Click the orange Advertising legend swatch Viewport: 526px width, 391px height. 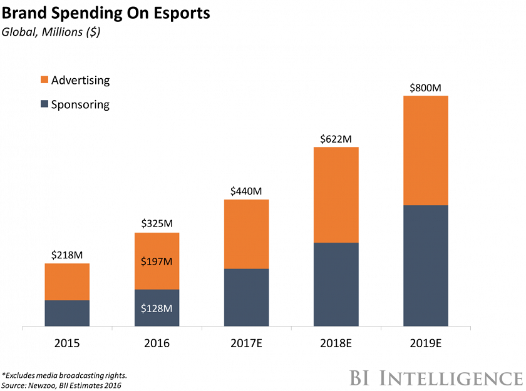[43, 80]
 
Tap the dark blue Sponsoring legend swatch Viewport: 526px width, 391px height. [43, 104]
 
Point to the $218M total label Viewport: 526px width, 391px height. [67, 255]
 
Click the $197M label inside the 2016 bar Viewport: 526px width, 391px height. [157, 261]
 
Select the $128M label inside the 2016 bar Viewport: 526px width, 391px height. [157, 308]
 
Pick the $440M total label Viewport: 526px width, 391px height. [246, 190]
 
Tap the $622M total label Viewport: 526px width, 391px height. [336, 138]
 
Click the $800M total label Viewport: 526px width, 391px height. [425, 87]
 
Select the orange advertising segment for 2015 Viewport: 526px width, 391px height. [67, 282]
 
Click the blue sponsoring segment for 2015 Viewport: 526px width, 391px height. [67, 313]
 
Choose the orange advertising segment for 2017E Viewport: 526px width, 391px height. [246, 234]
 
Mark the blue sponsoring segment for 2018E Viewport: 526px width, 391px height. [336, 284]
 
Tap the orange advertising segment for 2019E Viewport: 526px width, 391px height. [425, 150]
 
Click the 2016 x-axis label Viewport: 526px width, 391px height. [157, 343]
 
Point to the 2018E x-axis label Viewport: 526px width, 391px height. [336, 343]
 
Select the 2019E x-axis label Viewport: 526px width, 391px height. [425, 343]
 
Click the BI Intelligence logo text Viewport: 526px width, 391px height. [435, 378]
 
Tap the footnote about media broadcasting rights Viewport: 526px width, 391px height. [65, 375]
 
